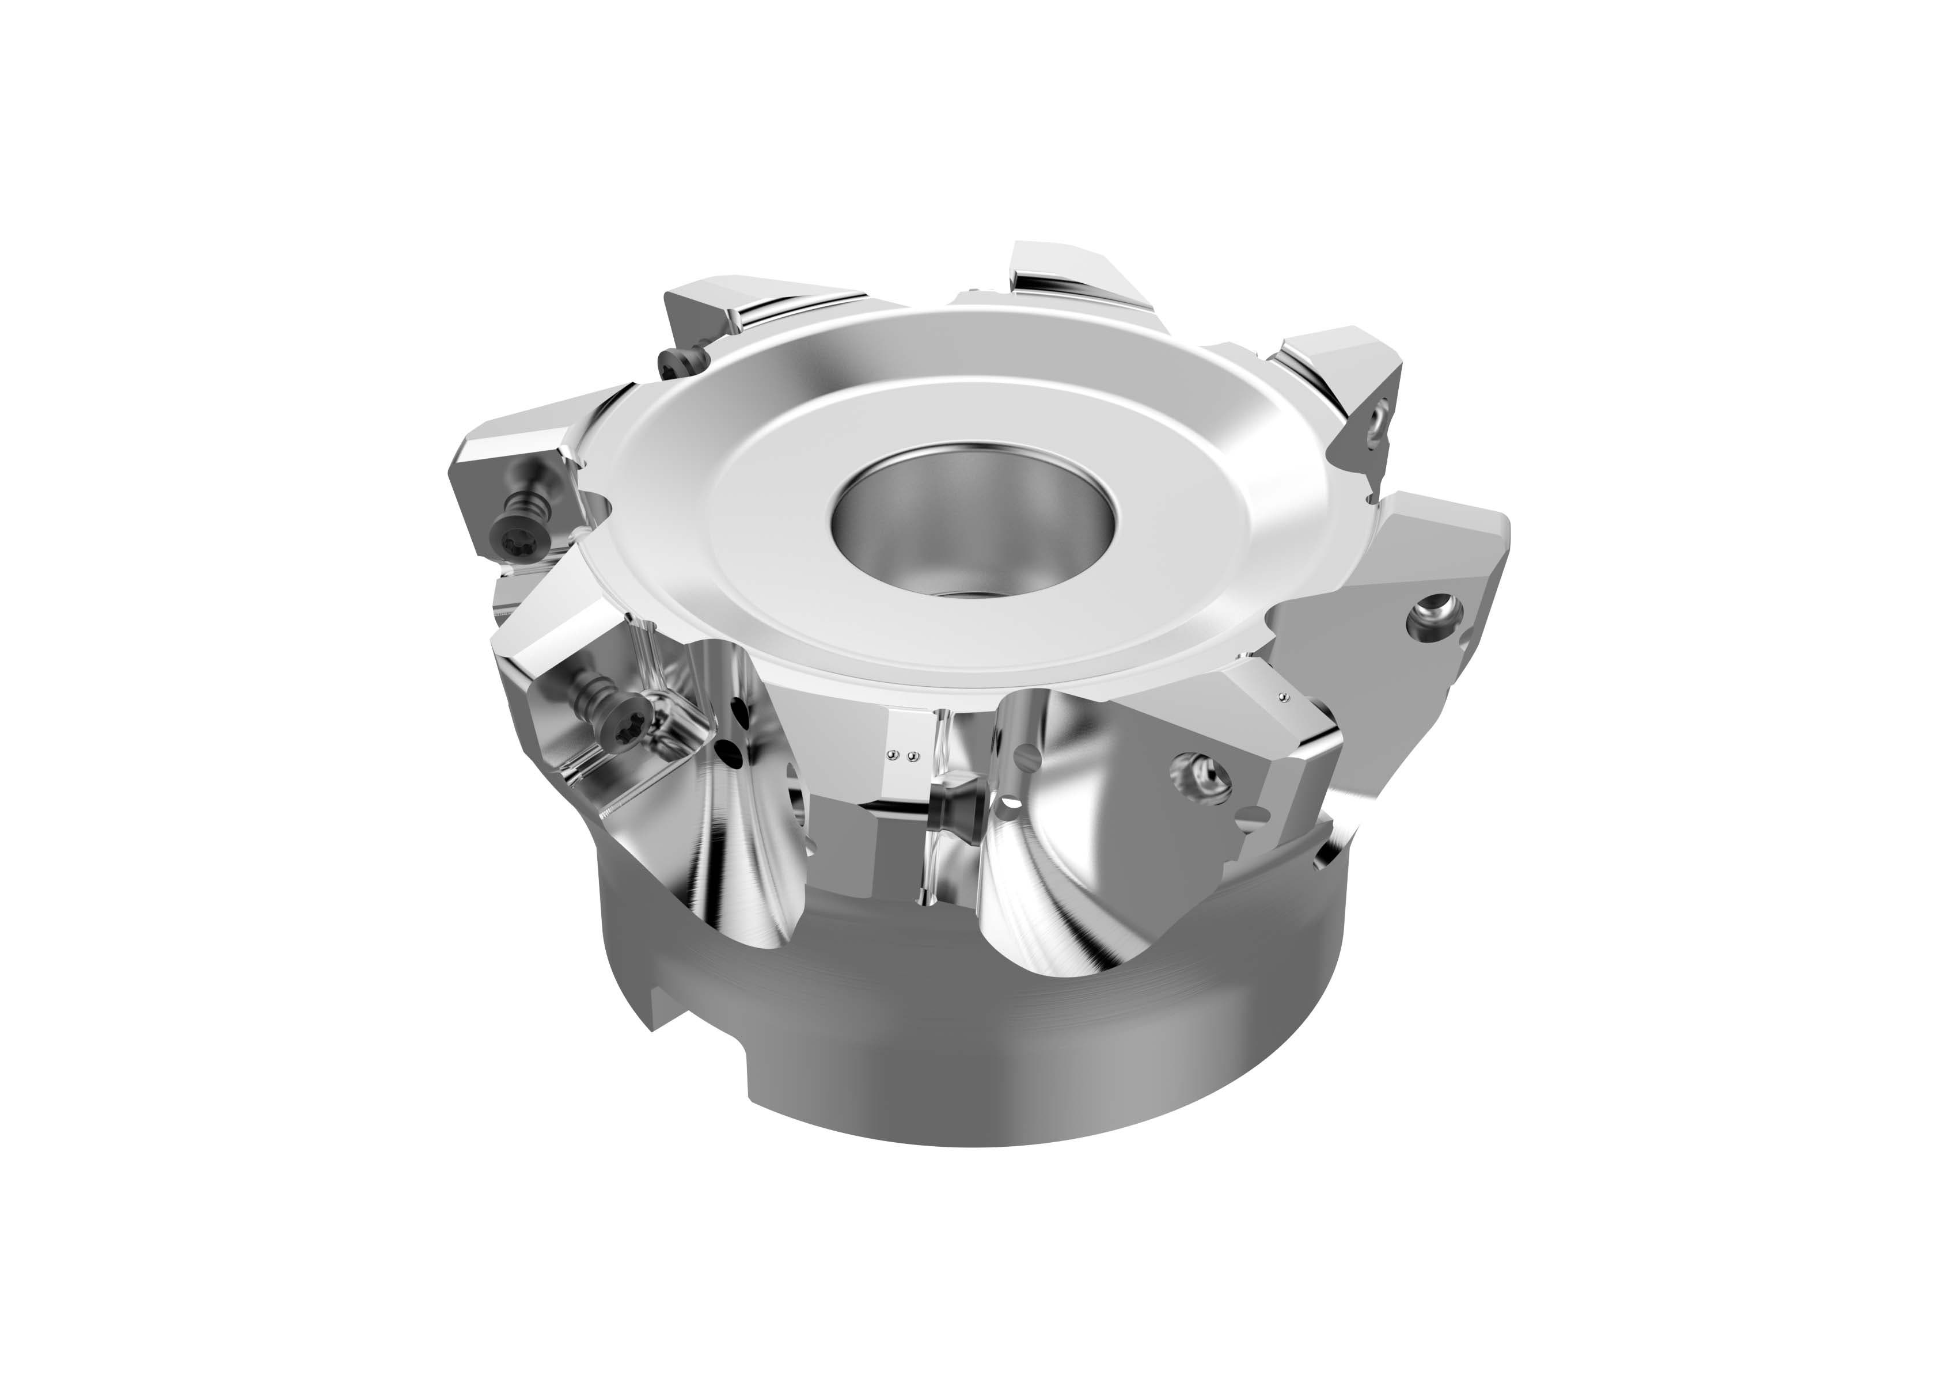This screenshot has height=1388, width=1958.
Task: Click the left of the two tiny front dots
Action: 893,755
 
